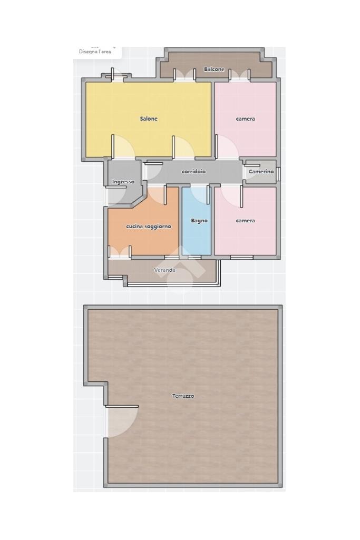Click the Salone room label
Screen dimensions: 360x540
[x=149, y=119]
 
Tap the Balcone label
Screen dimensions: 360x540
[x=214, y=69]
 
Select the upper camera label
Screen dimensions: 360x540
[x=245, y=119]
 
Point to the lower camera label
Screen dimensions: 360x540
[x=245, y=221]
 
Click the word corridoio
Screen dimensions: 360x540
[x=193, y=171]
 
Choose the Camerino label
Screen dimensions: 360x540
[x=261, y=171]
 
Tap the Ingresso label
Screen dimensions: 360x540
[x=123, y=182]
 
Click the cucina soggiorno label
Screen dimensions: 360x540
[x=149, y=227]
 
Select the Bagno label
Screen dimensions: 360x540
[x=199, y=221]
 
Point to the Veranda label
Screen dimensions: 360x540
[x=164, y=270]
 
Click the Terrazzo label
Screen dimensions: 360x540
[x=183, y=396]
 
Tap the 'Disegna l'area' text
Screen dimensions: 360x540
[x=95, y=52]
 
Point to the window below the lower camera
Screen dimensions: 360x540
[x=242, y=257]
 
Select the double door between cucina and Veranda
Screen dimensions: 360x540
[x=120, y=252]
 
